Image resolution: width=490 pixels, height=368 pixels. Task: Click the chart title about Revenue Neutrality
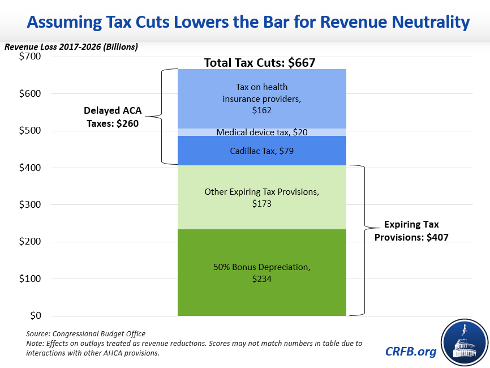coord(248,23)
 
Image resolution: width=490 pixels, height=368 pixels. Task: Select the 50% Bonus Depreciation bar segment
coord(261,272)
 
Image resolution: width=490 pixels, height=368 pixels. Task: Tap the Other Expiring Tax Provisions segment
coord(261,197)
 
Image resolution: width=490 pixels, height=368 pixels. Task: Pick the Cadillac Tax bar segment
coord(261,151)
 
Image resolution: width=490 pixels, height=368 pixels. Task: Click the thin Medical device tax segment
coord(261,132)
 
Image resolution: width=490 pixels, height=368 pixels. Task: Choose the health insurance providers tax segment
coord(261,99)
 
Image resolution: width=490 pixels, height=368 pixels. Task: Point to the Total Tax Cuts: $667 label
coord(259,63)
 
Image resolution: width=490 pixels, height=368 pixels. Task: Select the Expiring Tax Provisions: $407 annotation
coord(411,231)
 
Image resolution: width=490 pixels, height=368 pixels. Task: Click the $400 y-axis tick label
coord(29,168)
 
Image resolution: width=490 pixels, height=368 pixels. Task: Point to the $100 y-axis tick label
coord(29,279)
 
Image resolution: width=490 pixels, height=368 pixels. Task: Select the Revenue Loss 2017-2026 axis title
coord(71,46)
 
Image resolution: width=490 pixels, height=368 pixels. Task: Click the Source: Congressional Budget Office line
coord(85,334)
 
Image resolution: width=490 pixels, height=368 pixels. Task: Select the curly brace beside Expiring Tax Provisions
coord(359,240)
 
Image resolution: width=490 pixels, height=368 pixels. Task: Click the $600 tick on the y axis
coord(29,93)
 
